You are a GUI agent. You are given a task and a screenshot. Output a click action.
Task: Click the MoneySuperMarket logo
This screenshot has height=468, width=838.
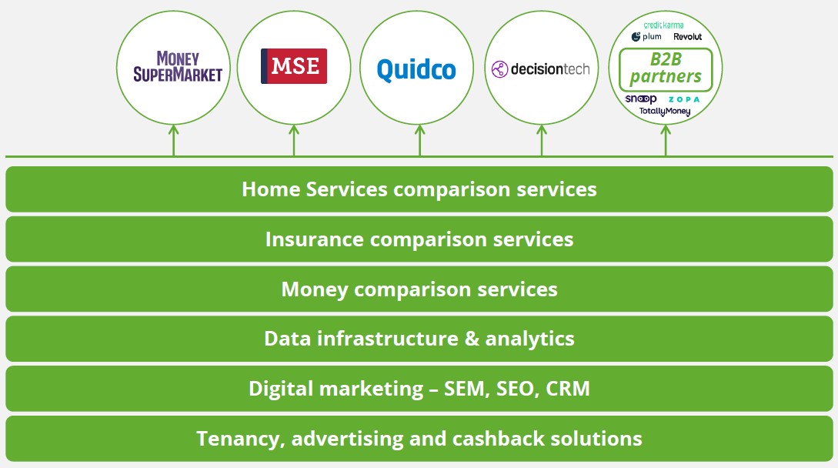[x=178, y=67]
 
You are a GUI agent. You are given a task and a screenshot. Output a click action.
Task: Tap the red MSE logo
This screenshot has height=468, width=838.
[x=294, y=66]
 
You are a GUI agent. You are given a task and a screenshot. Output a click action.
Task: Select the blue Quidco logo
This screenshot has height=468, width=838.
[x=416, y=69]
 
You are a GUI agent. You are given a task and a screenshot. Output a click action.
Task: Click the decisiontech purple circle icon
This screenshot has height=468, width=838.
[x=499, y=69]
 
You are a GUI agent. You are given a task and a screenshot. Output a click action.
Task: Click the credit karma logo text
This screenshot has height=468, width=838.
[x=663, y=25]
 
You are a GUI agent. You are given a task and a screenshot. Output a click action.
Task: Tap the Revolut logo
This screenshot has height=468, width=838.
[x=687, y=36]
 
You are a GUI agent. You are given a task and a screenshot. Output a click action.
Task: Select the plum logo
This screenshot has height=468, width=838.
[x=646, y=36]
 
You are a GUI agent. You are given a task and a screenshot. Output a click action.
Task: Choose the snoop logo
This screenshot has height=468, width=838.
[x=641, y=99]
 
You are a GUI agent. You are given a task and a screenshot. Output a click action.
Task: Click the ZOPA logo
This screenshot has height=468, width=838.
[x=683, y=99]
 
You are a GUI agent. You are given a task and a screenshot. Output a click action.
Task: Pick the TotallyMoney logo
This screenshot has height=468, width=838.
[x=665, y=112]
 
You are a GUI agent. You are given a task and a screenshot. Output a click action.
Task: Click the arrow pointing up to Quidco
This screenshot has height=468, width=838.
[x=419, y=141]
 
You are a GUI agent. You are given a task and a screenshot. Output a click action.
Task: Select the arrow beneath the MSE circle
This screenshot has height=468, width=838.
[x=293, y=141]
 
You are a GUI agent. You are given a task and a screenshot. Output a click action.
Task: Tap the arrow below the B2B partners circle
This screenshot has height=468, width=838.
[x=666, y=141]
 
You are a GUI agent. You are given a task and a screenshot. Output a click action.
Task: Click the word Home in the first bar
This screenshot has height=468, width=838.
[x=271, y=189]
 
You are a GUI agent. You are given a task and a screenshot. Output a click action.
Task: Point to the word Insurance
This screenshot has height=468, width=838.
[x=314, y=239]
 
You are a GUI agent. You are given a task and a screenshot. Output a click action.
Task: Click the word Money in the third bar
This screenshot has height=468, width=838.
[x=314, y=289]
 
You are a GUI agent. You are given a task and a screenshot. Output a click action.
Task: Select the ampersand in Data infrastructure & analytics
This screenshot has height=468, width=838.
[x=472, y=339]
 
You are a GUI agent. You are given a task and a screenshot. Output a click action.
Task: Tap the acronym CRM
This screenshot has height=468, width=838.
[x=568, y=389]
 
